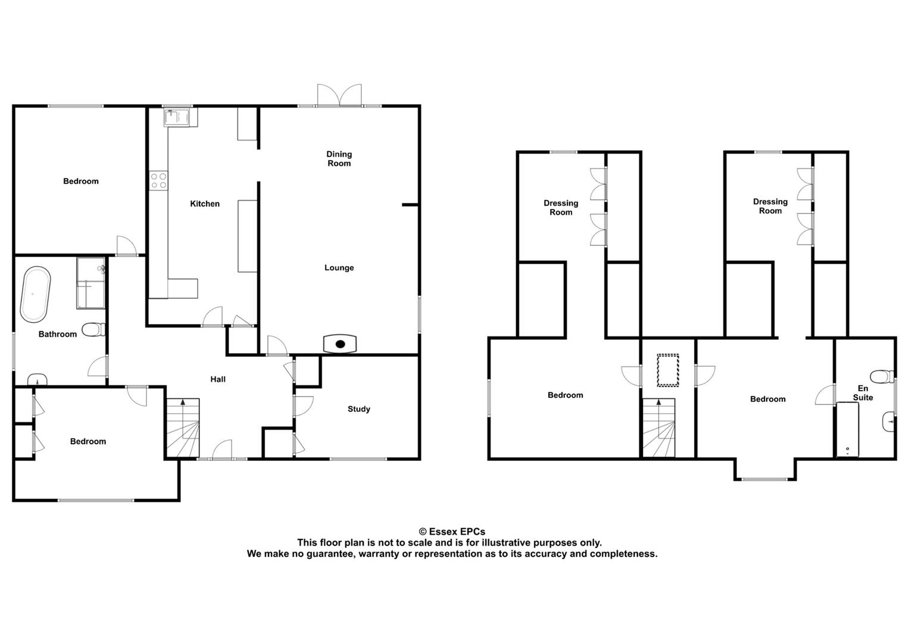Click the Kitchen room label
205,204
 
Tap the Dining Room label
339,159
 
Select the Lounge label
339,268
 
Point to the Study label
359,409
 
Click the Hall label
218,380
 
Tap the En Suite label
863,393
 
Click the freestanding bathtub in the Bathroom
36,294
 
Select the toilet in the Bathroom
93,330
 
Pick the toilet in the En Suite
882,377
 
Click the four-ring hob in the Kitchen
158,180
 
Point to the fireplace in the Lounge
340,344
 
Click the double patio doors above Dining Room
339,95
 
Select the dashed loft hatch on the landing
668,370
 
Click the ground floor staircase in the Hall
183,428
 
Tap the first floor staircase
659,428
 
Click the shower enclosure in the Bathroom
90,283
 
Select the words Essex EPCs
457,532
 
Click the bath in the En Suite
848,429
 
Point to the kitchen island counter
248,236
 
